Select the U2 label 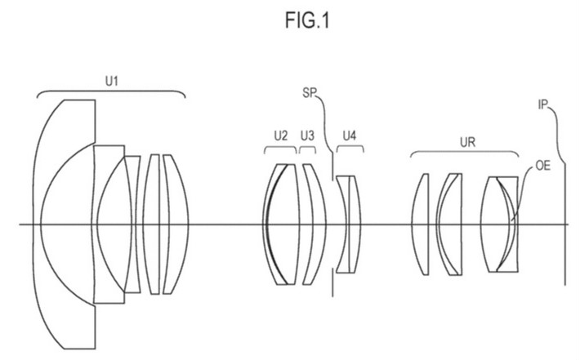(x=280, y=136)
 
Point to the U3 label (x=307, y=136)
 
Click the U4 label (x=350, y=136)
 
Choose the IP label (x=544, y=104)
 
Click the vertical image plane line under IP (x=564, y=245)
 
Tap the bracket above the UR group (x=464, y=153)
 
